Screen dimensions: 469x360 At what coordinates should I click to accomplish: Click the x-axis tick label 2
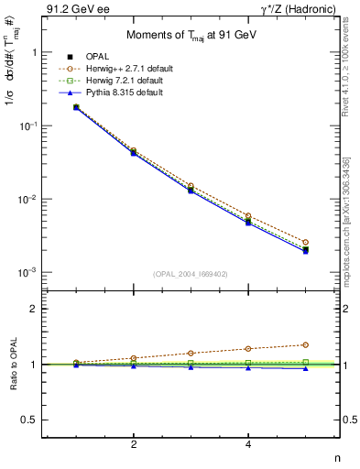(x=134, y=445)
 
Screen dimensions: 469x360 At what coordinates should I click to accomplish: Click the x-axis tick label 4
(x=248, y=445)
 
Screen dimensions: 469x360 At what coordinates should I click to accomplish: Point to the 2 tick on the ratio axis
(x=40, y=309)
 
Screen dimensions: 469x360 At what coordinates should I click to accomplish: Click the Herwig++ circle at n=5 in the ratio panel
(x=306, y=344)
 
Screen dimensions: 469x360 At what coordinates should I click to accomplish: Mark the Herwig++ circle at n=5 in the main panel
(x=306, y=242)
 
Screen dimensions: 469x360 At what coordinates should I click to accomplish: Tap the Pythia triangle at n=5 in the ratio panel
(x=306, y=368)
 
